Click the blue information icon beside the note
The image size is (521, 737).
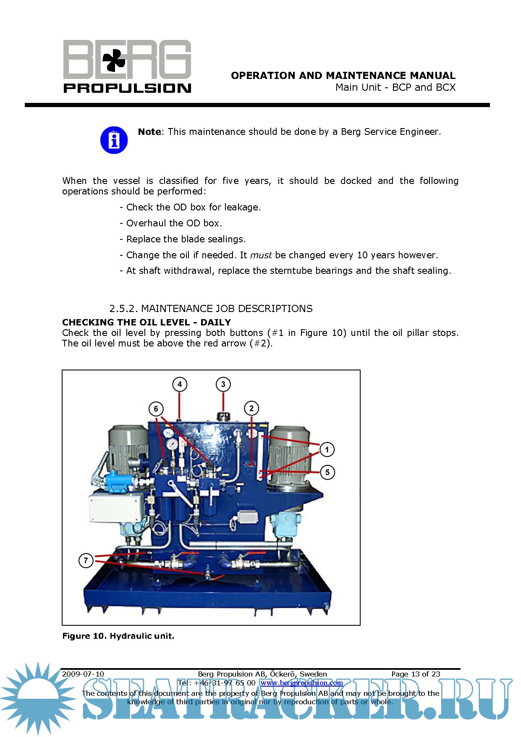pyautogui.click(x=114, y=140)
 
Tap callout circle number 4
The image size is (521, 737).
pyautogui.click(x=180, y=384)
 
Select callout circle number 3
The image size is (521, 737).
pyautogui.click(x=223, y=384)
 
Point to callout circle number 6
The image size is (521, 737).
pyautogui.click(x=156, y=409)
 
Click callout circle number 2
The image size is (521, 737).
pyautogui.click(x=251, y=408)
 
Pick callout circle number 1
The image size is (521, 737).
pyautogui.click(x=327, y=449)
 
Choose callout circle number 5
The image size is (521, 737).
pyautogui.click(x=327, y=472)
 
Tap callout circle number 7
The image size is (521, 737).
pyautogui.click(x=86, y=560)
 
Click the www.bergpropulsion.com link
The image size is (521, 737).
pyautogui.click(x=301, y=683)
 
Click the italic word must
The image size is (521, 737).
pyautogui.click(x=261, y=255)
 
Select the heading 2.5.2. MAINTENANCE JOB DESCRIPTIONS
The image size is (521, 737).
pyautogui.click(x=211, y=309)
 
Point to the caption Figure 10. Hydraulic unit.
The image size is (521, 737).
pyautogui.click(x=118, y=636)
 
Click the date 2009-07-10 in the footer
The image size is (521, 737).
pyautogui.click(x=83, y=674)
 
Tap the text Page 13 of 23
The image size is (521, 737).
pyautogui.click(x=416, y=674)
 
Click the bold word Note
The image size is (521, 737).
pyautogui.click(x=149, y=132)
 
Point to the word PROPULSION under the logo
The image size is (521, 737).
pyautogui.click(x=127, y=88)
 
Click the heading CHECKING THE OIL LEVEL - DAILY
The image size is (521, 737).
pyautogui.click(x=147, y=322)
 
